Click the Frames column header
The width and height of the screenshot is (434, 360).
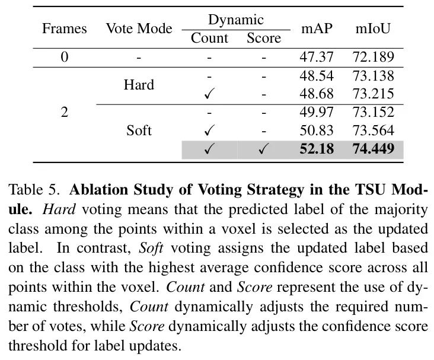point(64,28)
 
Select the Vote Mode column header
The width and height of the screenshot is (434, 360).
point(139,28)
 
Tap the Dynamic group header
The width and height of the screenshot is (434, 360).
point(236,20)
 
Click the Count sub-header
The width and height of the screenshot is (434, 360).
point(209,38)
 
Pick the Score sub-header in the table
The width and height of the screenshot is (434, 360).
point(264,38)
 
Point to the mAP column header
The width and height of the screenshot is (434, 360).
point(317,28)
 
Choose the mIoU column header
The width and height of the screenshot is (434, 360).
point(373,28)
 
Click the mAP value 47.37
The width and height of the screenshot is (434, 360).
point(317,57)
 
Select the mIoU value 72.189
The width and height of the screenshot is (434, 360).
point(373,57)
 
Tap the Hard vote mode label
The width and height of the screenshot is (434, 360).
point(139,84)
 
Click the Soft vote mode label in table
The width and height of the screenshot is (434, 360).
point(139,130)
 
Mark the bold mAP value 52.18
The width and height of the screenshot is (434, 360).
point(317,149)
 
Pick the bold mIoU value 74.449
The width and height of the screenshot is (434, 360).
point(374,149)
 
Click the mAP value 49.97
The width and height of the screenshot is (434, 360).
point(317,112)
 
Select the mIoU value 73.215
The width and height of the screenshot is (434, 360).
point(373,94)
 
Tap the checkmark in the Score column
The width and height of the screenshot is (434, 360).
point(263,149)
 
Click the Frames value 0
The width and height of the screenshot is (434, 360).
point(64,57)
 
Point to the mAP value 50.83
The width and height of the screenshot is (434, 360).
point(317,130)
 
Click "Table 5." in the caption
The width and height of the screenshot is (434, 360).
point(34,190)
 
